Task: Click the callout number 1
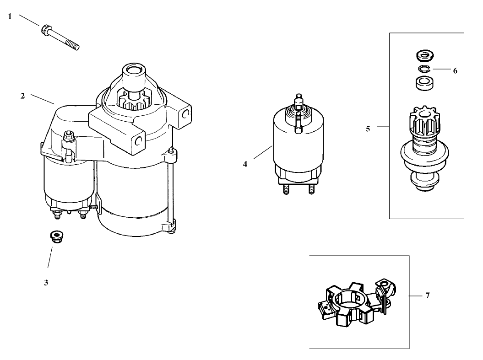(x=10, y=16)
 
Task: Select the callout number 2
(x=22, y=96)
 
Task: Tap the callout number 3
(x=46, y=283)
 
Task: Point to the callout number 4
(x=245, y=163)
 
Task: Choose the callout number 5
(x=368, y=129)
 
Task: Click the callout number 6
(x=455, y=71)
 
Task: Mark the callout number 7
(x=427, y=296)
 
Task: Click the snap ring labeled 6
(x=424, y=69)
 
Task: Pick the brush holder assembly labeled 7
(x=353, y=303)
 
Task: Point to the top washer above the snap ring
(x=424, y=56)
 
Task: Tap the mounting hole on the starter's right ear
(x=185, y=114)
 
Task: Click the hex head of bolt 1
(x=46, y=31)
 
